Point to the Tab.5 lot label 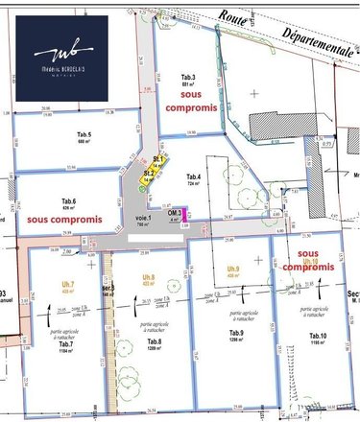(83, 134)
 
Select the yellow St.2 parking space (149, 176)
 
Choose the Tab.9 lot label (236, 332)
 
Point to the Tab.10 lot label (317, 335)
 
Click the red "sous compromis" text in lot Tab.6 (64, 219)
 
